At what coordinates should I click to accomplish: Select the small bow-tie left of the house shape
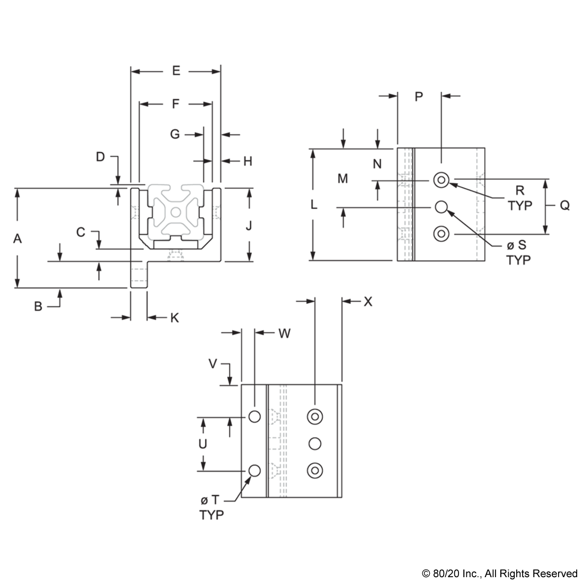[x=136, y=212]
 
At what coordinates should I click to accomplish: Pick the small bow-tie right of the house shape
[x=216, y=212]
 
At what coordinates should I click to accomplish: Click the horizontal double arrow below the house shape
[x=175, y=256]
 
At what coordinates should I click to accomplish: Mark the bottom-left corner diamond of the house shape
[x=151, y=240]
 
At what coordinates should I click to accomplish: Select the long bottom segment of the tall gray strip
[x=407, y=233]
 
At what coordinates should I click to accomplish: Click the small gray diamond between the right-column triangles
[x=479, y=185]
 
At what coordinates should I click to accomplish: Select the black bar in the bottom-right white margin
[x=499, y=574]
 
